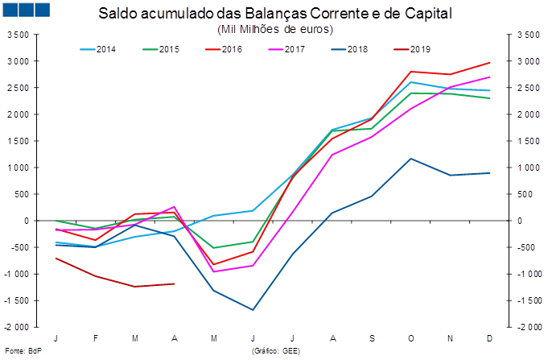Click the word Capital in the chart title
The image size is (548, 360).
pos(430,14)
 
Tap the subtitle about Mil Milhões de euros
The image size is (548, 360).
pos(274,29)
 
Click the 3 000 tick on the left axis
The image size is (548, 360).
pos(17,61)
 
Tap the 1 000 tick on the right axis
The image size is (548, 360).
pos(527,168)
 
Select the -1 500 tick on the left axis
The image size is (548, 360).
pos(17,300)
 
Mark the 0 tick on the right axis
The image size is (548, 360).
pos(520,221)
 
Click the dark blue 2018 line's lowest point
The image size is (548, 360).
pos(253,309)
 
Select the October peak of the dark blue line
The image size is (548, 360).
pos(411,159)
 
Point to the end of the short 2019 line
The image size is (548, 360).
pos(175,283)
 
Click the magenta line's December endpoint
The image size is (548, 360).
pos(490,77)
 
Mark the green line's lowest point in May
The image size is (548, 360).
pos(214,248)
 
